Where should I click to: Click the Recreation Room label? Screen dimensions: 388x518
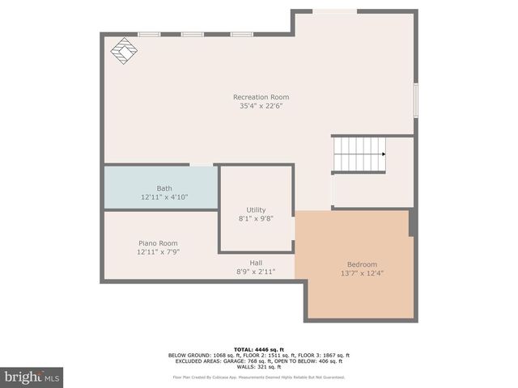click(261, 97)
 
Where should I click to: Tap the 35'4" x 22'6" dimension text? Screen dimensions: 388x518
click(261, 106)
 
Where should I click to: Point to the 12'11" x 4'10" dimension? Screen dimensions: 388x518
click(164, 197)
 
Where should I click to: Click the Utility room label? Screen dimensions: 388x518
click(256, 209)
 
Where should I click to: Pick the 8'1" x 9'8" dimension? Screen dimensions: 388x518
click(256, 218)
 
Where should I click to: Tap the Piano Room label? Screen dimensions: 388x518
click(158, 243)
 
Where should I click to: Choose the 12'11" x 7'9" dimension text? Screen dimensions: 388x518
click(158, 252)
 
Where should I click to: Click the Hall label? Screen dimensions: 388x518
click(256, 263)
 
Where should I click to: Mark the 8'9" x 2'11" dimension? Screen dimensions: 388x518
click(256, 272)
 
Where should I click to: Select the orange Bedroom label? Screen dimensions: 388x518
click(362, 264)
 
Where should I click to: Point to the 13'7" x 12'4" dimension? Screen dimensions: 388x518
click(362, 273)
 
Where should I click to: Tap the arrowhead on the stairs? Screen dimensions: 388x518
click(384, 154)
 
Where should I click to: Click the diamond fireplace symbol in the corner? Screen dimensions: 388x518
click(124, 51)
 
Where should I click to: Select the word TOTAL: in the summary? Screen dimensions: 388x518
click(246, 348)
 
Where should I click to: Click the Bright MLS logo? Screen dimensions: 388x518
click(32, 377)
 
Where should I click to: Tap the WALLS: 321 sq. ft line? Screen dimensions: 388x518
click(259, 366)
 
